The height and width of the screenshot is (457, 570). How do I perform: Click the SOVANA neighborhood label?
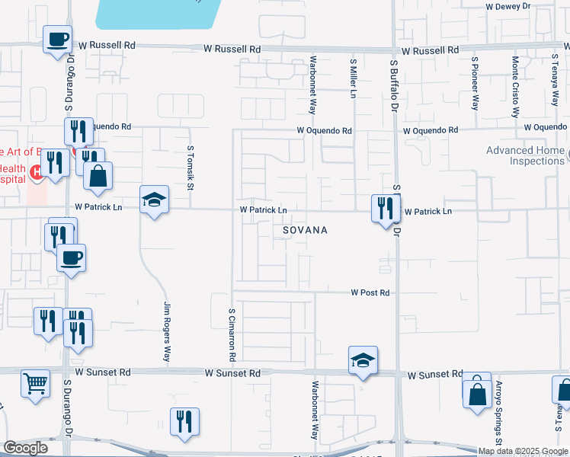click(x=305, y=230)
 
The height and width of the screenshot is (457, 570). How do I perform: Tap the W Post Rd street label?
click(x=370, y=292)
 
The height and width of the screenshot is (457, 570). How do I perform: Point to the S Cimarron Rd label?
click(x=232, y=334)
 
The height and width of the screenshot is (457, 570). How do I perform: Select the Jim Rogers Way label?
click(x=167, y=331)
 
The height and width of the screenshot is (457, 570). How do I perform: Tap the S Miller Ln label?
click(x=353, y=78)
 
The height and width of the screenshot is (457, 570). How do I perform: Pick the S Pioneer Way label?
click(x=475, y=83)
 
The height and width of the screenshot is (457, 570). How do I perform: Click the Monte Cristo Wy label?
click(x=516, y=85)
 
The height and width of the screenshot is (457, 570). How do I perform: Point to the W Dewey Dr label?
click(x=509, y=6)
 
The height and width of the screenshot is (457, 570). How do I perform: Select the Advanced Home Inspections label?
click(x=525, y=155)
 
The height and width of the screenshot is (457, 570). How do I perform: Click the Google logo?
click(x=26, y=448)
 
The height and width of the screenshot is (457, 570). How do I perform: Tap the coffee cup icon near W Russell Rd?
click(x=58, y=38)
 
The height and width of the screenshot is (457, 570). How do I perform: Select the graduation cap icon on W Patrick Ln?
click(x=155, y=200)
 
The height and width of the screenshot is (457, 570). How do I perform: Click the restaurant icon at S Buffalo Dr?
click(x=385, y=207)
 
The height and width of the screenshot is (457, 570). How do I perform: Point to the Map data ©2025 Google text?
click(x=523, y=451)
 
